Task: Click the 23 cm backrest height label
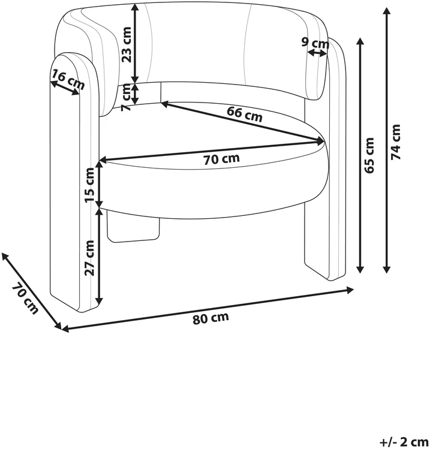tap(127, 44)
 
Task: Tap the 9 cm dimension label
tap(315, 43)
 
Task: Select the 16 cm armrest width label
tap(68, 80)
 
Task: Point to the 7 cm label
tap(127, 97)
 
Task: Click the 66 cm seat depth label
tap(244, 114)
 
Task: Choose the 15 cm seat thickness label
tap(90, 185)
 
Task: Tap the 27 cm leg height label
tap(90, 258)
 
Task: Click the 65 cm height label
tap(369, 155)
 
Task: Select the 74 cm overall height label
tap(396, 141)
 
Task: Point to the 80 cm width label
tap(211, 318)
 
